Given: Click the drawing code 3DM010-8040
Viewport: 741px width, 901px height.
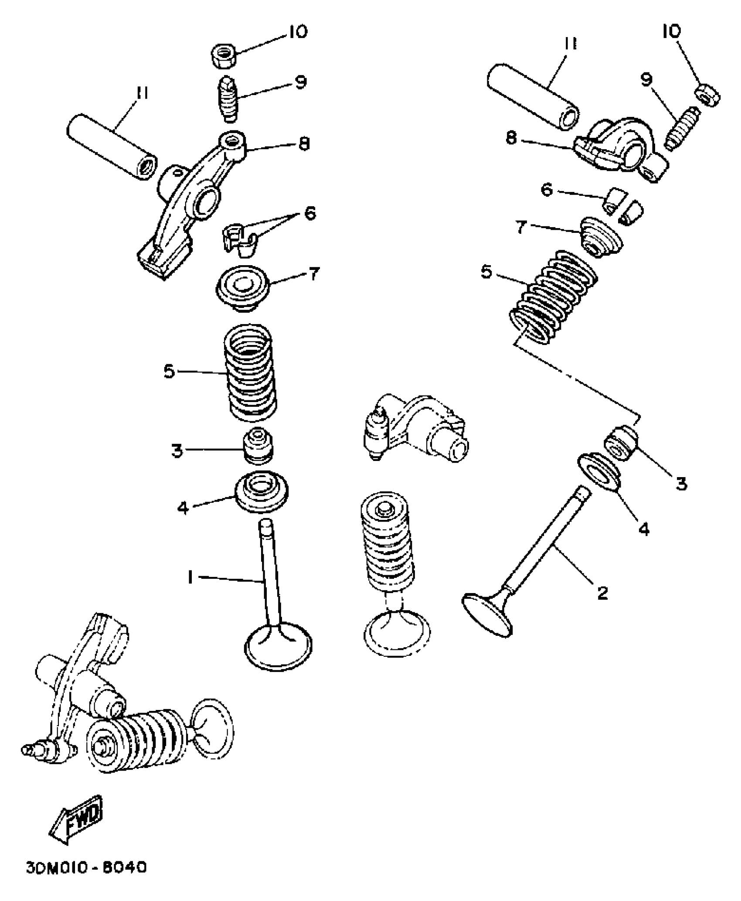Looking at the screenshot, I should pos(86,867).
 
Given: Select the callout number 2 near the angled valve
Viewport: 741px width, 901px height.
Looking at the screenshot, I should pos(602,592).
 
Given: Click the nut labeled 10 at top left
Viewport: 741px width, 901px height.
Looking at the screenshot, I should pos(224,55).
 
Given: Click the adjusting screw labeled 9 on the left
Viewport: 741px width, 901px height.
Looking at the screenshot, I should pos(228,100).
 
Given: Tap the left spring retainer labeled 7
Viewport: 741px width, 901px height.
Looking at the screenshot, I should pos(242,288).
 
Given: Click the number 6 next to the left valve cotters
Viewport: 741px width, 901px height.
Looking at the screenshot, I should pos(309,214).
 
